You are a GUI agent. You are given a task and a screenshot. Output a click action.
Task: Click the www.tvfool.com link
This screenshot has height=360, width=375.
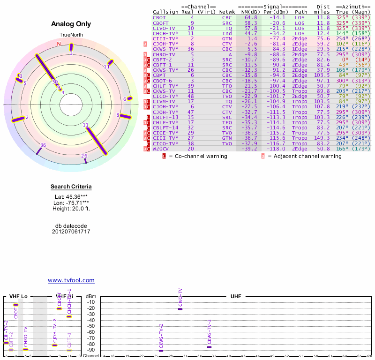(71, 280)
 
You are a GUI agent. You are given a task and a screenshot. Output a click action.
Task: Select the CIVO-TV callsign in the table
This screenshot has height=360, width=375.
(164, 28)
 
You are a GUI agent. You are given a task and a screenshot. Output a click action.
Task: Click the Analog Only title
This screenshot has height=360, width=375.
(70, 24)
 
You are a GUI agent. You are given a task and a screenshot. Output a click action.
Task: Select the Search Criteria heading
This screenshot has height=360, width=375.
(71, 187)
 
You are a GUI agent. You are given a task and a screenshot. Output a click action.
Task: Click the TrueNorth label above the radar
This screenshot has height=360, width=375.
(71, 35)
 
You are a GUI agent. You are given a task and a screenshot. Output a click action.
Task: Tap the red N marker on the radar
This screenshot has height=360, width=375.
(59, 44)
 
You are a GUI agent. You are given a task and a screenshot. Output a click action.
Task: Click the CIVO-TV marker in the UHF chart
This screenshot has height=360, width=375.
(180, 309)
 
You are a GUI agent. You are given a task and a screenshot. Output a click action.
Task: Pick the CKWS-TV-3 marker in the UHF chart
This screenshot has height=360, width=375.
(210, 347)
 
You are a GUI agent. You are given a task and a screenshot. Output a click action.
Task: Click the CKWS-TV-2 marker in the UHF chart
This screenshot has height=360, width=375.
(161, 351)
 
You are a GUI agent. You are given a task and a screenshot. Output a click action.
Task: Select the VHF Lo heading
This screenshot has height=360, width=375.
(18, 297)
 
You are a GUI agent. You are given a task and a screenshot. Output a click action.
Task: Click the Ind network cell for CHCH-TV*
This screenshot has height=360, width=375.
(227, 33)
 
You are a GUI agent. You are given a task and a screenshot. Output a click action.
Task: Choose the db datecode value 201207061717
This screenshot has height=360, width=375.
(71, 232)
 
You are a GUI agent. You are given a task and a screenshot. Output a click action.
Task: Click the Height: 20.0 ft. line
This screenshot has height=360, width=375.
(71, 209)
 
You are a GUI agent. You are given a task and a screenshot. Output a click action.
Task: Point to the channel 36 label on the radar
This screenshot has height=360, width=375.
(43, 145)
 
